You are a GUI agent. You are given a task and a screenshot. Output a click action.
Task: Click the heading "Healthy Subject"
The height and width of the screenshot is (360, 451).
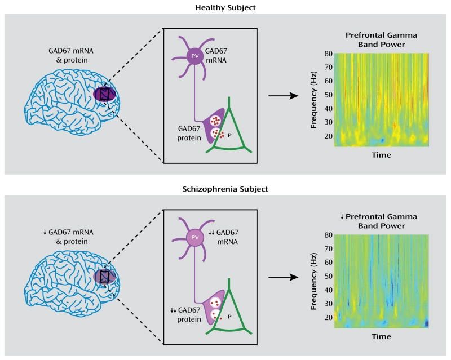click(x=225, y=7)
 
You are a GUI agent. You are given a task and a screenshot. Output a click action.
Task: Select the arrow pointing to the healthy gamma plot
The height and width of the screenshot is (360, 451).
click(x=283, y=96)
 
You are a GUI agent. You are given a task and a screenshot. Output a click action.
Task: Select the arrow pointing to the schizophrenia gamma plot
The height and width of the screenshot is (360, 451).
click(x=283, y=277)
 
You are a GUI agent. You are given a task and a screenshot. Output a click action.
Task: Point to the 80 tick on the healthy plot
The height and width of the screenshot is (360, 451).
click(x=327, y=54)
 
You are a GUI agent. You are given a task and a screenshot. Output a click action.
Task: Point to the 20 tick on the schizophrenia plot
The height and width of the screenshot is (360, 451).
click(x=327, y=317)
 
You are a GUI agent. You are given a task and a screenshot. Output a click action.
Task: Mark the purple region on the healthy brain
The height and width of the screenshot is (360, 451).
click(x=104, y=95)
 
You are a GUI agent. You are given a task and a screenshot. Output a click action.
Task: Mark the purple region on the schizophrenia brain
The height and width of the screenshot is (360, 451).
click(x=104, y=276)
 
